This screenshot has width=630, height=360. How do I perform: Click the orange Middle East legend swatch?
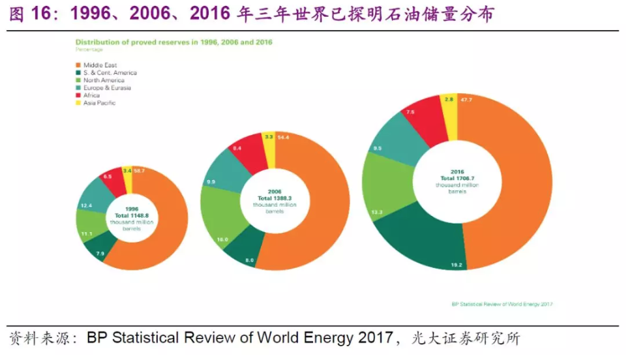pyautogui.click(x=78, y=65)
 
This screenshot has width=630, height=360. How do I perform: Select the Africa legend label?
pyautogui.click(x=91, y=95)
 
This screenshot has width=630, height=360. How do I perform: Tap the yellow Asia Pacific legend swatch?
pyautogui.click(x=78, y=103)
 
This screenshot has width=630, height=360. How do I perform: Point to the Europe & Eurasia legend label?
pyautogui.click(x=107, y=88)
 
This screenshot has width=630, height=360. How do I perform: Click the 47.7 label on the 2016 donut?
pyautogui.click(x=466, y=99)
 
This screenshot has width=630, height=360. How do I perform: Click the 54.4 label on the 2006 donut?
pyautogui.click(x=284, y=138)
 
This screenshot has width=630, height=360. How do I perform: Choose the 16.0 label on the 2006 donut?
pyautogui.click(x=222, y=240)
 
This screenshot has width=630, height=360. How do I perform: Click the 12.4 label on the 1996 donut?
pyautogui.click(x=86, y=205)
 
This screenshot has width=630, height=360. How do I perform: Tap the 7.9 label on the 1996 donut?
pyautogui.click(x=100, y=253)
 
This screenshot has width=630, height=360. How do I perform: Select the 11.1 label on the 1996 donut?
pyautogui.click(x=86, y=233)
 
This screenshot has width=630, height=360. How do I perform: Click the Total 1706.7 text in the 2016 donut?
pyautogui.click(x=457, y=178)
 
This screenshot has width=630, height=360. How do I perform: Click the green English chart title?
pyautogui.click(x=173, y=42)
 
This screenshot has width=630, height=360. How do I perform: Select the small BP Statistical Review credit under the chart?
pyautogui.click(x=502, y=304)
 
